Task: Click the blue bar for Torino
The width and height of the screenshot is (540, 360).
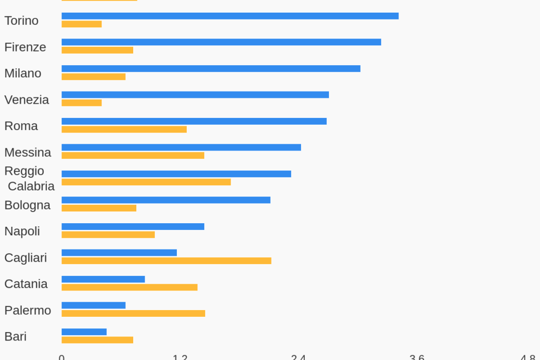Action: [230, 16]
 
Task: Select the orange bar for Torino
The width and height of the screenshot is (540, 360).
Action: [82, 24]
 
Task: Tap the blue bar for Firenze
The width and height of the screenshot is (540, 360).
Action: [221, 42]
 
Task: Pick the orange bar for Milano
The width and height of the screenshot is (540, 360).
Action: [94, 77]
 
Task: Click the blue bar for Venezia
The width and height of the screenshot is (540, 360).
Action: [195, 95]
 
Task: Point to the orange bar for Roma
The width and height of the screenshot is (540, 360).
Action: [124, 129]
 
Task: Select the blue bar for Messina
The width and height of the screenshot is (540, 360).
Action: [181, 147]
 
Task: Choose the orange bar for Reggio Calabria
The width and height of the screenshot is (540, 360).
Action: [146, 182]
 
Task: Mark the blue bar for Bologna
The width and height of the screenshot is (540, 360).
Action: [166, 200]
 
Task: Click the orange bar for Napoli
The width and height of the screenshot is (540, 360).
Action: [108, 235]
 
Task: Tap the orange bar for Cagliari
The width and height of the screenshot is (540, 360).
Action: [166, 261]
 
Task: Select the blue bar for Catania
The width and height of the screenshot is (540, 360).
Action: [103, 279]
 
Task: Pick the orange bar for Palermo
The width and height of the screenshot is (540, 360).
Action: [133, 314]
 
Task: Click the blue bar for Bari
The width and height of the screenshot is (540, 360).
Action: [84, 332]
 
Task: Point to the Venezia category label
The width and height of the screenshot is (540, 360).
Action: [26, 99]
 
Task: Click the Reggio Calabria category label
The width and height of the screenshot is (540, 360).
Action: [29, 178]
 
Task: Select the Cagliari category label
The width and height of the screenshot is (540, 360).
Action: [25, 257]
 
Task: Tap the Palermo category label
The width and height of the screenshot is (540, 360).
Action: [27, 310]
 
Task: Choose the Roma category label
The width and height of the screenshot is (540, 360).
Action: [21, 126]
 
